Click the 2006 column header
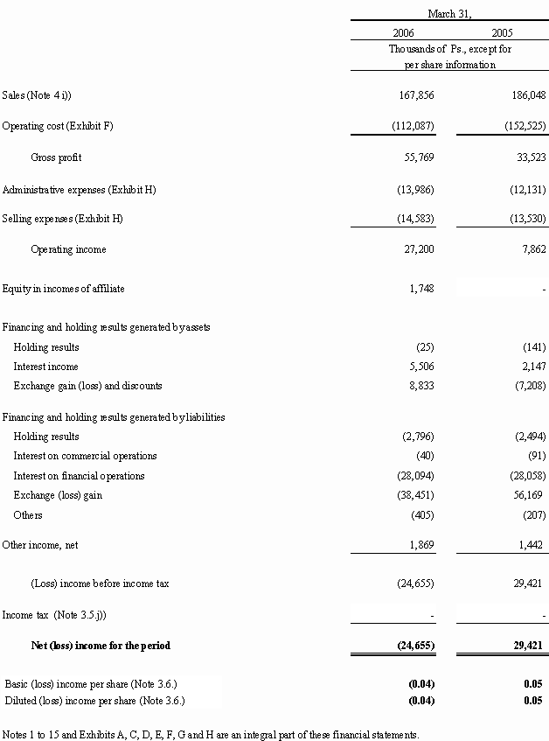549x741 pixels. click(x=403, y=32)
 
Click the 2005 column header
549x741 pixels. click(x=502, y=32)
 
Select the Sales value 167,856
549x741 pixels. click(x=416, y=95)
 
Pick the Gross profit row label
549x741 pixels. click(x=56, y=157)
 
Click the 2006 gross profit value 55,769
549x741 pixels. click(x=419, y=157)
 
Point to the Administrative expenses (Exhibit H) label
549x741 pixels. click(x=80, y=190)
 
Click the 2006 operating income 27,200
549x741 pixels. click(x=419, y=249)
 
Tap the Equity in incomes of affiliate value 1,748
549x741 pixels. click(x=421, y=289)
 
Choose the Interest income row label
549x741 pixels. click(x=45, y=367)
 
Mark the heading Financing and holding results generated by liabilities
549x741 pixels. click(x=114, y=417)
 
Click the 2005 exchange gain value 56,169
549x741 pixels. click(x=528, y=495)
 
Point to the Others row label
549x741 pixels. click(x=28, y=514)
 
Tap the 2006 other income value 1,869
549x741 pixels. click(x=421, y=544)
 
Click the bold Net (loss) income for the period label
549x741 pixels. click(x=101, y=646)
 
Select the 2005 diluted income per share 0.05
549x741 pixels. click(x=533, y=701)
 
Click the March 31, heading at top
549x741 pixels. click(x=449, y=14)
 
